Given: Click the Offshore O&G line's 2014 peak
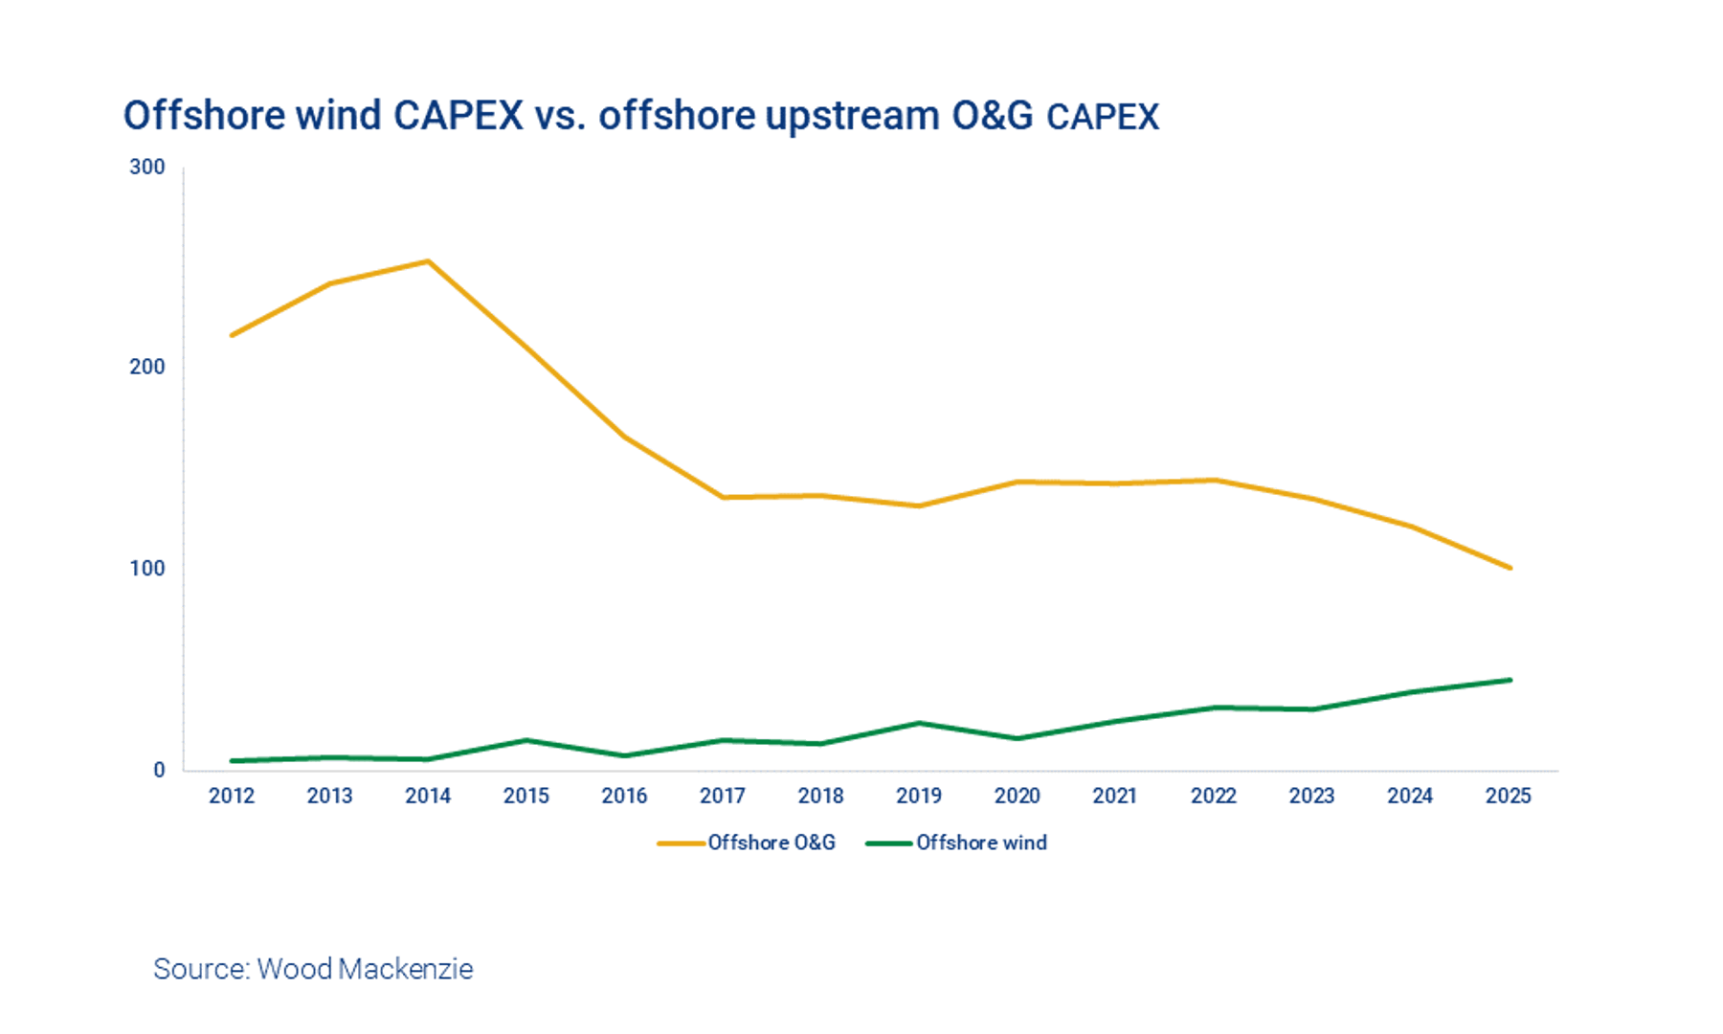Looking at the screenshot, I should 428,261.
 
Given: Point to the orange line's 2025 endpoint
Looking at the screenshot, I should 1510,568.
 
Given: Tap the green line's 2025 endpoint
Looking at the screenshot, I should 1510,680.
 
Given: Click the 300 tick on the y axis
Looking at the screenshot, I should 147,168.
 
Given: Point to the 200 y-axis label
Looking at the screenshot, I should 147,368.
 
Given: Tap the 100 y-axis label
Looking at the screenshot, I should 147,569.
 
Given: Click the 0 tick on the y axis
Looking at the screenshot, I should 159,770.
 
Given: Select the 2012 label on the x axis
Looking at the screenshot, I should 232,796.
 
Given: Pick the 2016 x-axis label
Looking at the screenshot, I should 624,796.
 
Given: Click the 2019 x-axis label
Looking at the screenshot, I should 919,796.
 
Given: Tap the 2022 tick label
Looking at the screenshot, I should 1214,796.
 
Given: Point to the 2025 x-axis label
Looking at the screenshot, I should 1509,796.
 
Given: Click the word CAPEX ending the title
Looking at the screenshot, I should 1103,118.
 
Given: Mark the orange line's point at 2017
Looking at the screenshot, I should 723,497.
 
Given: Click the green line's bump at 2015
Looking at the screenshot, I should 526,740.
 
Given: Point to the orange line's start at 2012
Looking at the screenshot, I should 233,335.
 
